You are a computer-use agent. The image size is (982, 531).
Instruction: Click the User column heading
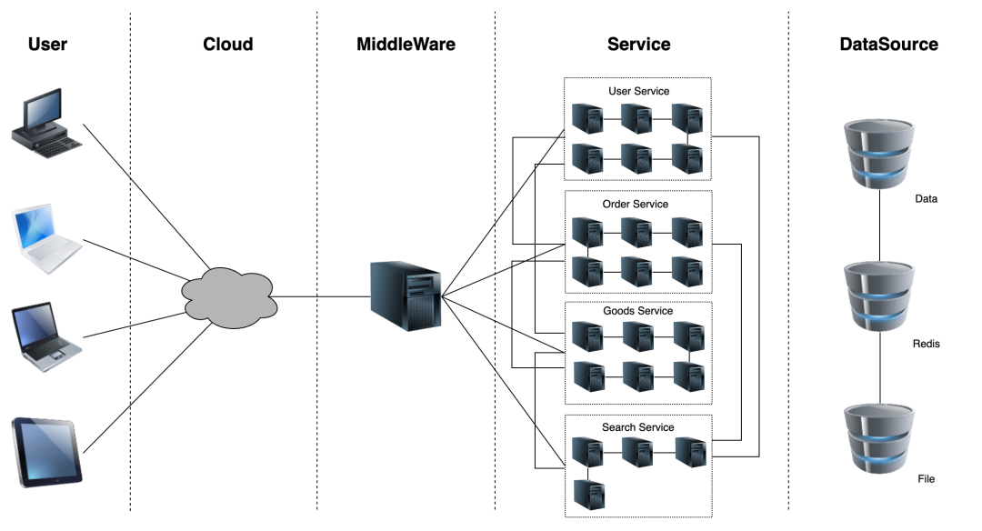point(47,44)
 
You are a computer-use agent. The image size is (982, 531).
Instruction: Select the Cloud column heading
point(227,44)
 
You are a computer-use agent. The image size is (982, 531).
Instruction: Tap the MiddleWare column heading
point(406,44)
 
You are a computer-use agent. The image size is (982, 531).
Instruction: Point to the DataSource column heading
point(888,44)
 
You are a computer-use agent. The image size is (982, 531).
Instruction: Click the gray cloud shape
point(228,296)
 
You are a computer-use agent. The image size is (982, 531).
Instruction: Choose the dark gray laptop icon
point(46,340)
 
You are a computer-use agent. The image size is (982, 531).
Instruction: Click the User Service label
point(638,91)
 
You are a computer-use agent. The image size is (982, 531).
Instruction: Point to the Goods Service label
point(637,311)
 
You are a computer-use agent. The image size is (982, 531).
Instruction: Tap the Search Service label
point(637,426)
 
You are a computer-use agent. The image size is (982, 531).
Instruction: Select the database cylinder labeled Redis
point(879,297)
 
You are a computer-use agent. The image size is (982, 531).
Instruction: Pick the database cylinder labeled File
point(879,436)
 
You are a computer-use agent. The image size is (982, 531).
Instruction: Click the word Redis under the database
point(926,344)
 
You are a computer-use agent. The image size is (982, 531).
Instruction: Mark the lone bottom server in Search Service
point(590,494)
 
